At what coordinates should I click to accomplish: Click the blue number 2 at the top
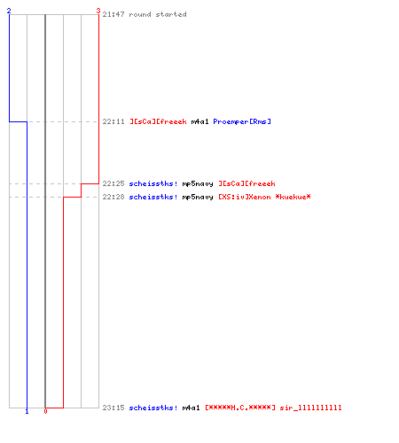tap(9, 11)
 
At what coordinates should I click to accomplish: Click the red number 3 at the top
tap(98, 11)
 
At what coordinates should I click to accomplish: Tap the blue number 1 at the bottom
tap(27, 411)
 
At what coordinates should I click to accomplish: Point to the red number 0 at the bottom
tap(45, 411)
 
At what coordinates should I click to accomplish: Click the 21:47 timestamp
tap(113, 14)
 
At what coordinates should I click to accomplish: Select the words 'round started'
tap(158, 14)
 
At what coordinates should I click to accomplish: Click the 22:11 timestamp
tap(113, 121)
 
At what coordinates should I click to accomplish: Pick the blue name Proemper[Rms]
tap(242, 121)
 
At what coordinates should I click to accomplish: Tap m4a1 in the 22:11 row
tap(200, 121)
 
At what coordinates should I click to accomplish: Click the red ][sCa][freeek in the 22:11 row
tap(158, 121)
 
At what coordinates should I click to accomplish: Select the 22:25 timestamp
tap(113, 183)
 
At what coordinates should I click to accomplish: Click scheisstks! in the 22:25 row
tap(153, 183)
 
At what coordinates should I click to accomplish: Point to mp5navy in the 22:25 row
tap(198, 184)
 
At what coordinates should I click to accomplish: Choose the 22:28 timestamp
tap(113, 197)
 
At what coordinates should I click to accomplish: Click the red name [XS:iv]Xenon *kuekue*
tap(264, 197)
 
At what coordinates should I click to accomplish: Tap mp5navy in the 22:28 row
tap(198, 198)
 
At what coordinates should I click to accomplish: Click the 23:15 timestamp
tap(113, 408)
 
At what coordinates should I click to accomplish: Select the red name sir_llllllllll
tap(310, 408)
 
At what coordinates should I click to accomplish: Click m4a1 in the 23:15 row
tap(192, 408)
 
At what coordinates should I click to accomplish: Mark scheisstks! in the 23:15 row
tap(153, 408)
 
